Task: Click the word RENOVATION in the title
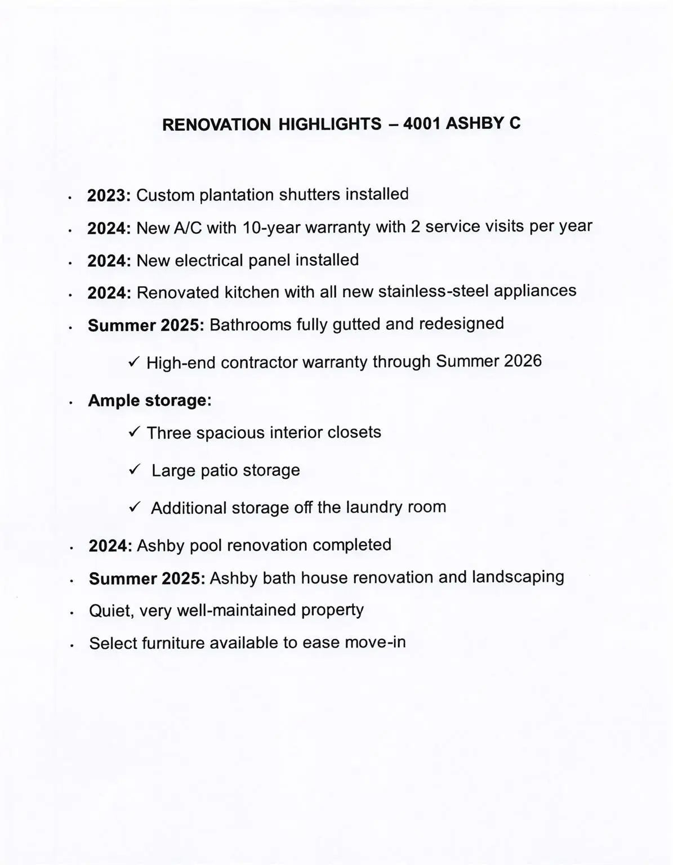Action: (x=216, y=124)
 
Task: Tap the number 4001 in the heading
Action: (x=422, y=123)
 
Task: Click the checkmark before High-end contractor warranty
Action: (x=134, y=362)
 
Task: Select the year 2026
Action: (x=523, y=360)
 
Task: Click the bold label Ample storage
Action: (x=149, y=400)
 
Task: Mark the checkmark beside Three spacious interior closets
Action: (x=134, y=432)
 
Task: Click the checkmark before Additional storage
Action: (x=134, y=507)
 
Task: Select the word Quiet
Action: (x=111, y=610)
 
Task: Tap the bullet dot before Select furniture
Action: (x=72, y=646)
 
